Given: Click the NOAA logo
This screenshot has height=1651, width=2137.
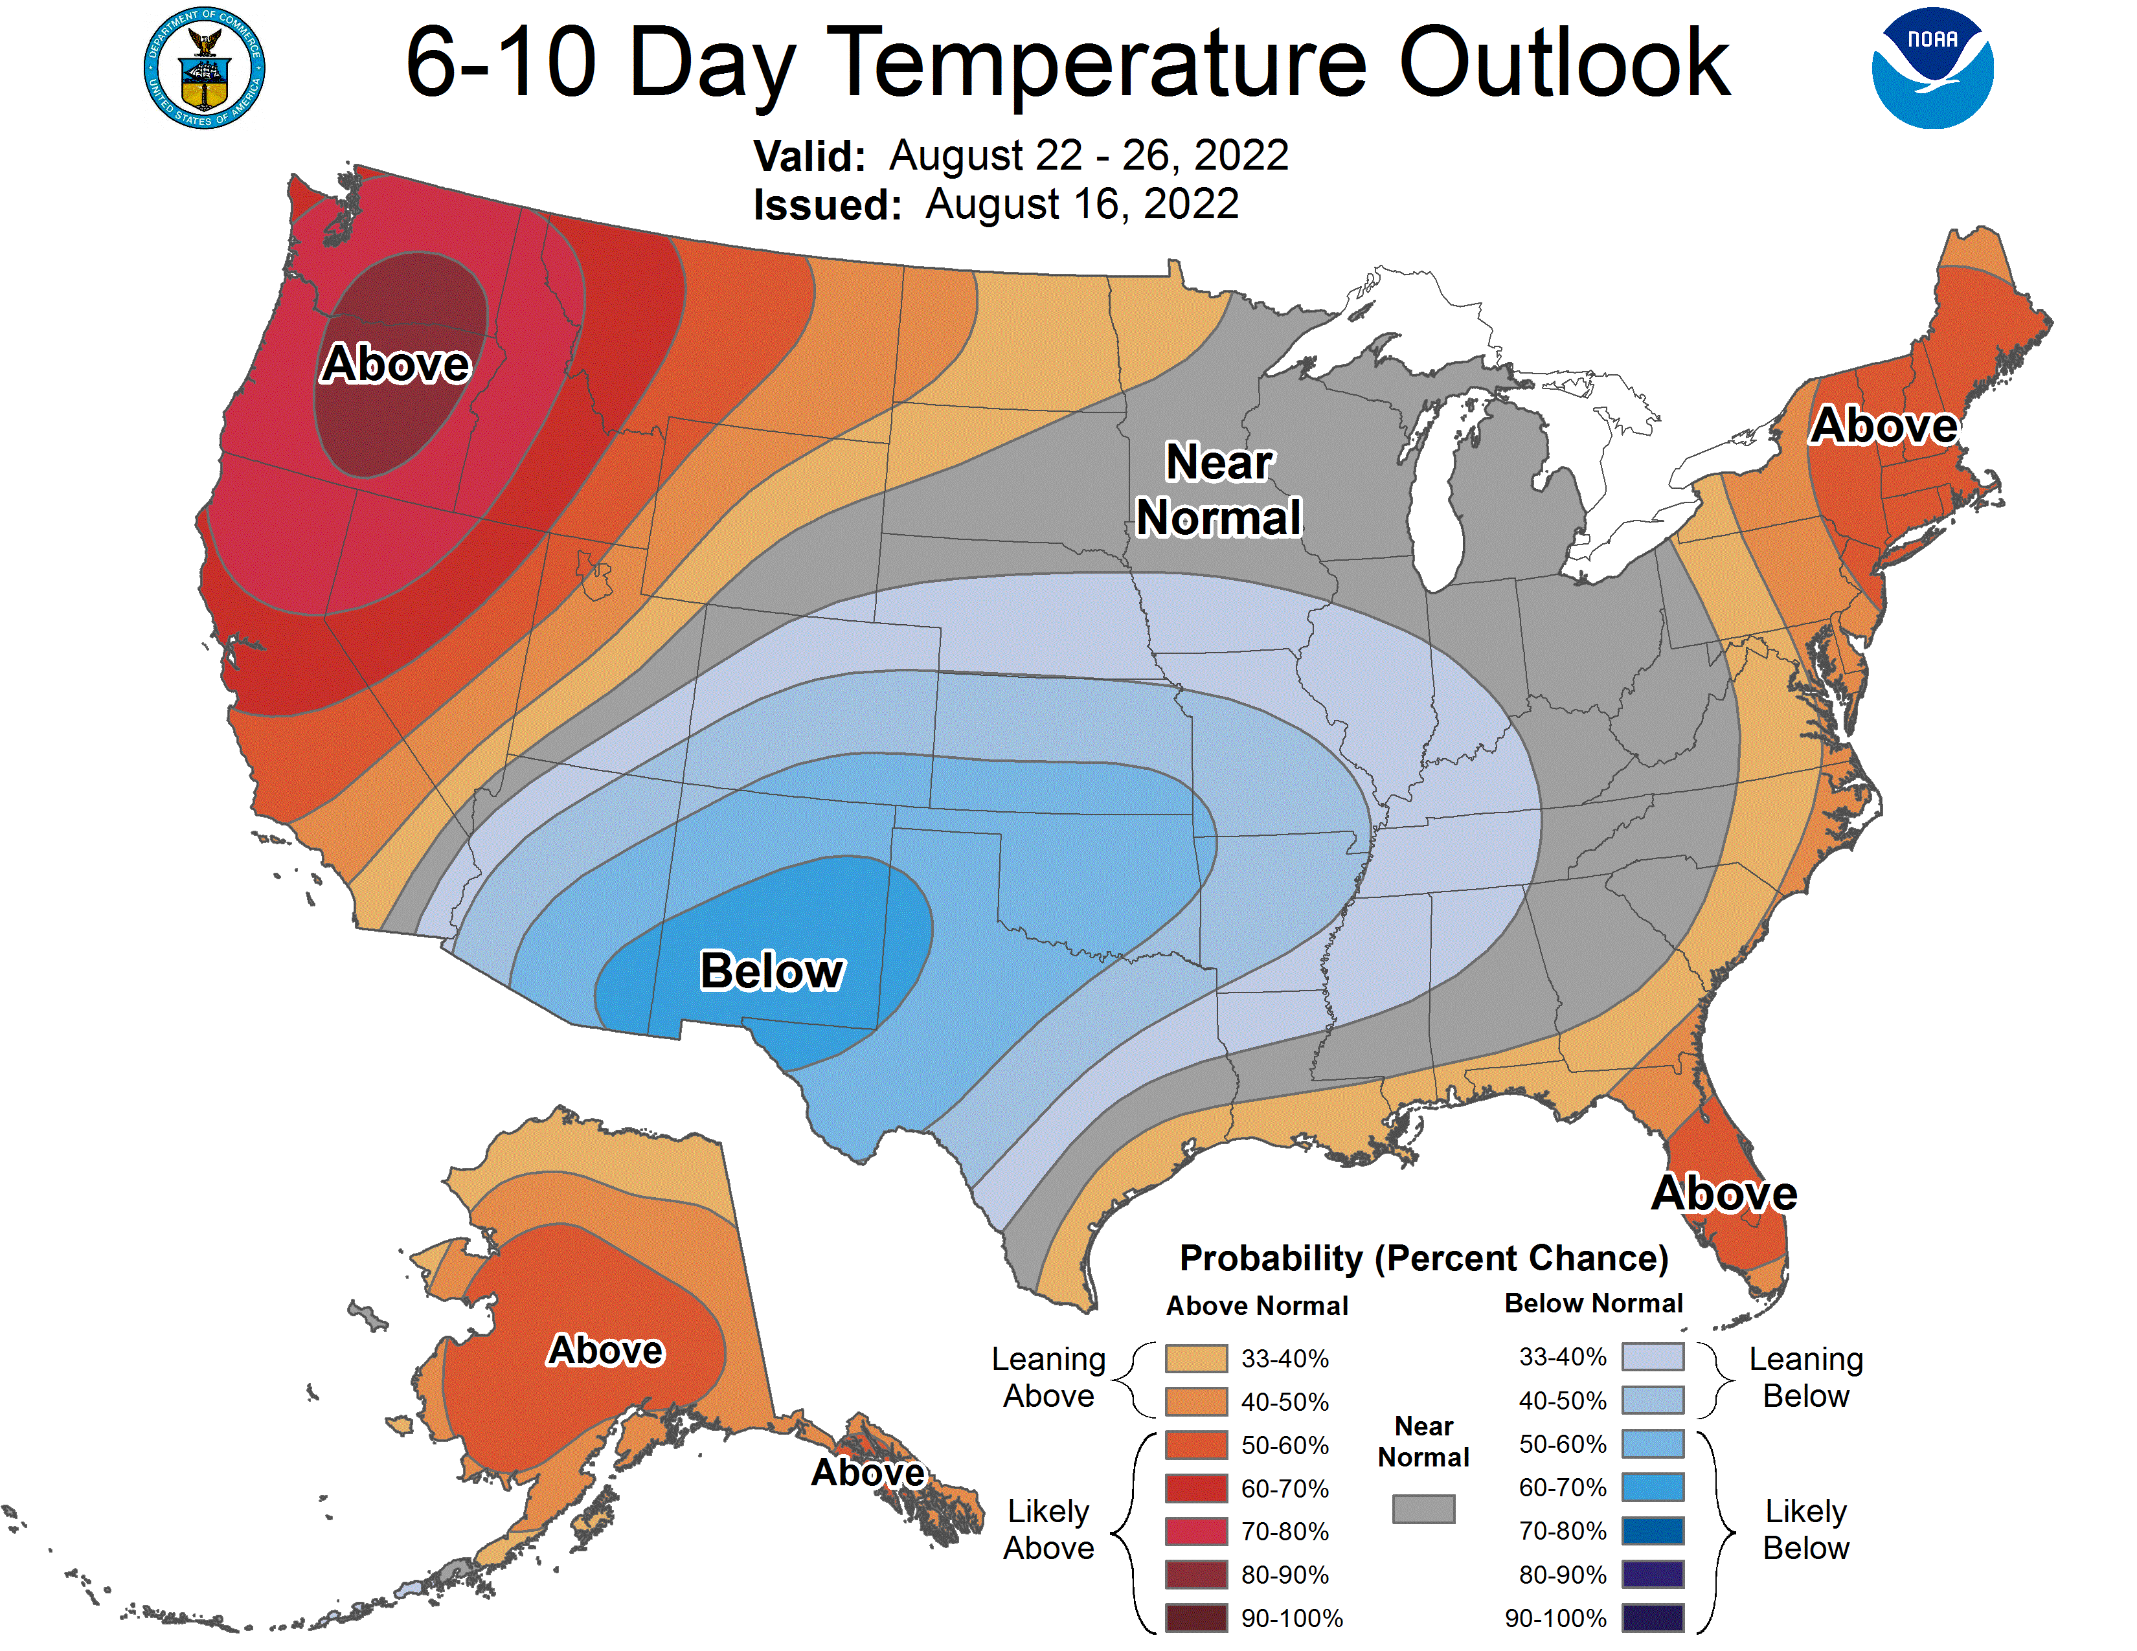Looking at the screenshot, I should (x=1932, y=69).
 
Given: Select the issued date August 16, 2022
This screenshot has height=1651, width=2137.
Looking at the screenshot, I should (x=1081, y=205).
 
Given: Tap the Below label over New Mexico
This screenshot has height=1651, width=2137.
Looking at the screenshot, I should (x=771, y=971).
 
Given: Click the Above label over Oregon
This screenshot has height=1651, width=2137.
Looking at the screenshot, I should (x=396, y=364).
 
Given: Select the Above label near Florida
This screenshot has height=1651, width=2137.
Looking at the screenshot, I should (x=1724, y=1193).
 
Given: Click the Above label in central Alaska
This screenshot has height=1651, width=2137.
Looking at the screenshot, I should (x=605, y=1350).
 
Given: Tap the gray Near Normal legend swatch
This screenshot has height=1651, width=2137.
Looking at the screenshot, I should (x=1423, y=1508).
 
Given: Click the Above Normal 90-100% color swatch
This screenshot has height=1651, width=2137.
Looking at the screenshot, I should (x=1195, y=1618).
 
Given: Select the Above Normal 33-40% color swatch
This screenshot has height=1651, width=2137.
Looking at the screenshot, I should (x=1195, y=1358).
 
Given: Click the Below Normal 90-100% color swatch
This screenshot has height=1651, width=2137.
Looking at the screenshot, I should (x=1653, y=1618).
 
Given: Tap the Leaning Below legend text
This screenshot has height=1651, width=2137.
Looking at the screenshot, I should (x=1805, y=1377).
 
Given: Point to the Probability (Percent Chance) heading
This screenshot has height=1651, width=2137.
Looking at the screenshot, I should (x=1423, y=1258).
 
